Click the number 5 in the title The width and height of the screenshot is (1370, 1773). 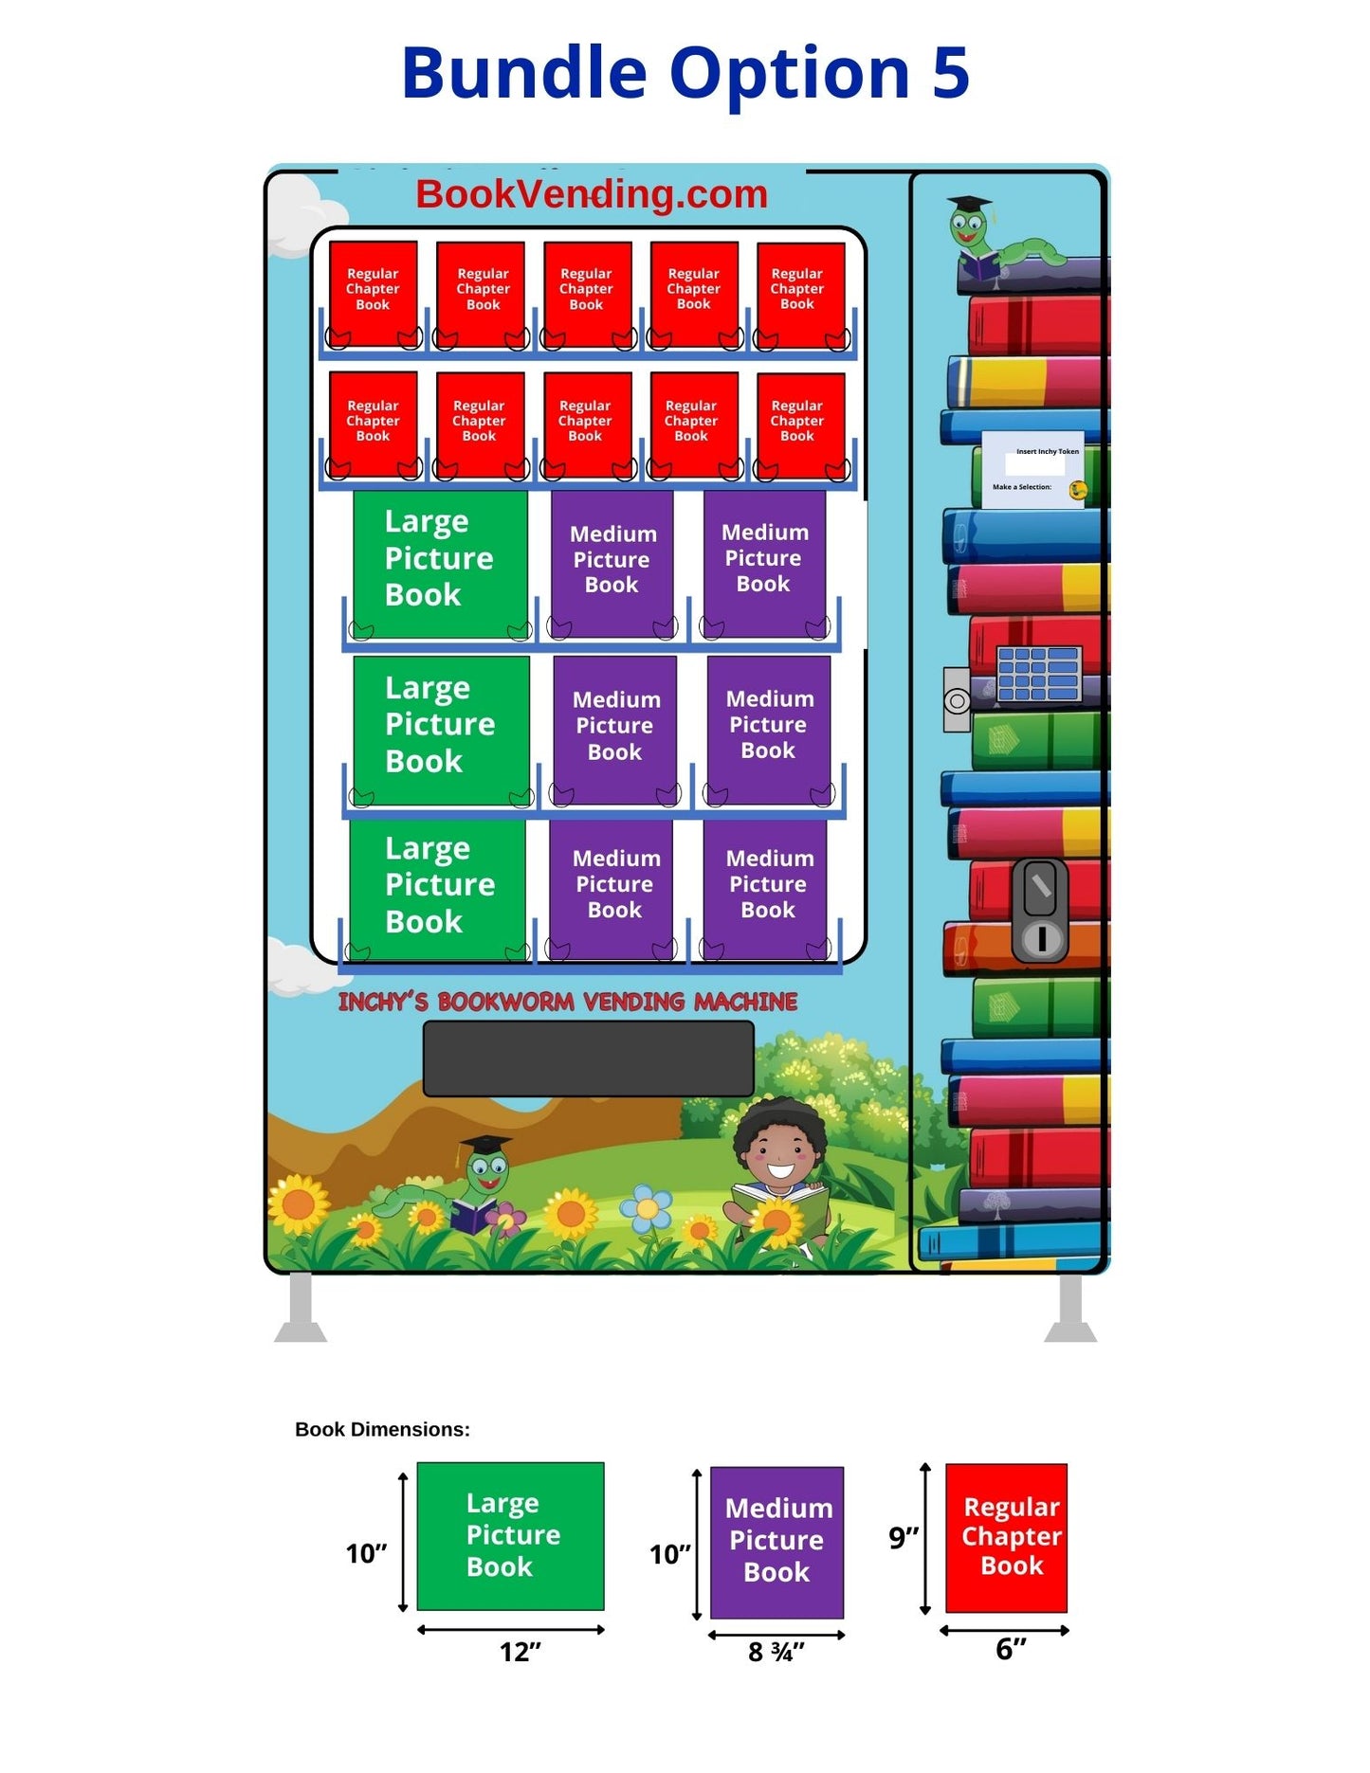949,73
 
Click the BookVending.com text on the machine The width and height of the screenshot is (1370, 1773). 591,194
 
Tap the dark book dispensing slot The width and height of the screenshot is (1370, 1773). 588,1058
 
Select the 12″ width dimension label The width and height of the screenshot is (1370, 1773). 520,1652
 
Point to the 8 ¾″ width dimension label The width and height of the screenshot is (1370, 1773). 776,1652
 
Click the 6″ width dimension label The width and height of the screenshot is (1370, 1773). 1010,1649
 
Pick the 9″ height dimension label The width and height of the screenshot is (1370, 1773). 903,1537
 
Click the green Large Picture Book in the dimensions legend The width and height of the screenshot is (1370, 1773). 510,1535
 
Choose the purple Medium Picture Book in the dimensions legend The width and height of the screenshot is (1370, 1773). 776,1541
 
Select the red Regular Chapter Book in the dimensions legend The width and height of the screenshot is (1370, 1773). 1006,1537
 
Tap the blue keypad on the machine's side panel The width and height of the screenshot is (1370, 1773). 1038,674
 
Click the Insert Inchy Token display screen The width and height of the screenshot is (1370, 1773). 1032,470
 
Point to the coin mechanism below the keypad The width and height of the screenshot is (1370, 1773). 1040,910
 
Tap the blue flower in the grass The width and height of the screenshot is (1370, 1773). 646,1208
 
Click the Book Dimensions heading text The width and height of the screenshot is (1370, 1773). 382,1429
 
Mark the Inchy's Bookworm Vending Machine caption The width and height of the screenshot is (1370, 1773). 567,1002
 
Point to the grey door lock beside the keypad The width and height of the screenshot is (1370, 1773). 957,700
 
